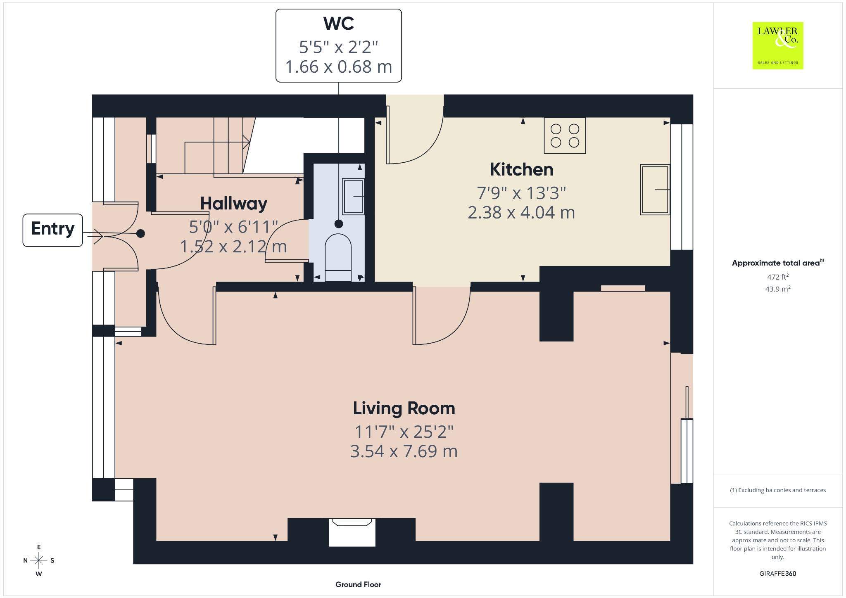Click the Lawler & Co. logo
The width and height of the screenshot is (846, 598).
777,45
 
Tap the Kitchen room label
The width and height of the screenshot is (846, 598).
521,169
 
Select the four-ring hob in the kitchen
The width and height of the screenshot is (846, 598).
565,136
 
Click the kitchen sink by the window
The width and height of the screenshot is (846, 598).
655,190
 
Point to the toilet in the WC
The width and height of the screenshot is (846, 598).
338,258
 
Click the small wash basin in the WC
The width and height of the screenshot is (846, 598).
353,197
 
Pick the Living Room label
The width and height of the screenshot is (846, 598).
404,408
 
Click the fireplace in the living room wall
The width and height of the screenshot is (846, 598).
352,532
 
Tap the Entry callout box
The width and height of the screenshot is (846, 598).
53,230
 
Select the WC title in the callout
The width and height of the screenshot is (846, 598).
339,24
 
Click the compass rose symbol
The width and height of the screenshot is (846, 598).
39,560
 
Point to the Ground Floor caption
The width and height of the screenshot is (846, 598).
358,584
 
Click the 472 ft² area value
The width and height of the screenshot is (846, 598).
778,277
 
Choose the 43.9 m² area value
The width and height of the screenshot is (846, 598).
778,289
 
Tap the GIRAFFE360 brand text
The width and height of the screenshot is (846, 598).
778,573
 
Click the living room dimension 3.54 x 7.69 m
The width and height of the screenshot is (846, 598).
404,451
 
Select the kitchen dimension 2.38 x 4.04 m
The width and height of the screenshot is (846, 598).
521,212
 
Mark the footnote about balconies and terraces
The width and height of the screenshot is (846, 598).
778,490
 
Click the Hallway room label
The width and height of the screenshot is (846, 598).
234,204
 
